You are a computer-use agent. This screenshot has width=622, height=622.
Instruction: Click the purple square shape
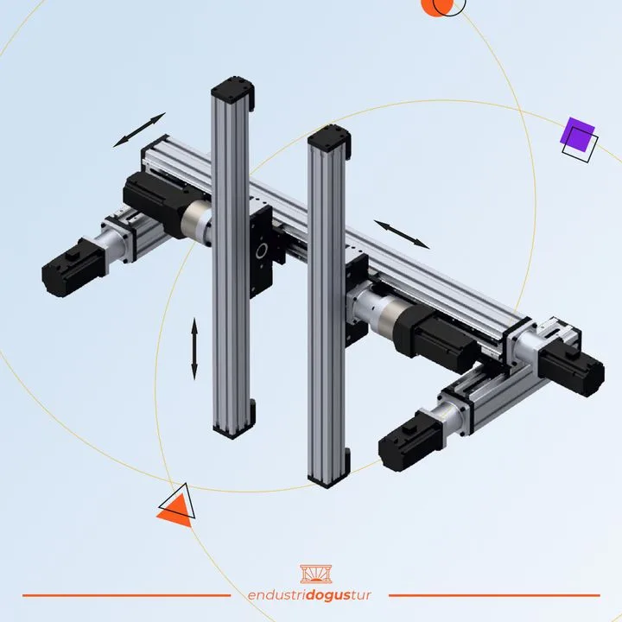point(577,135)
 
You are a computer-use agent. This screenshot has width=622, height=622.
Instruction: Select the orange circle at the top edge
point(436,6)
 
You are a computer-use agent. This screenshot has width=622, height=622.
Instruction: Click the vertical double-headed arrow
point(194,349)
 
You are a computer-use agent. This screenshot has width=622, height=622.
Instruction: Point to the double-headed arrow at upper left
point(139,130)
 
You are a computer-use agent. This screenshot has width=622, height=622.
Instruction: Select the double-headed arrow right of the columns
point(402,234)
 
